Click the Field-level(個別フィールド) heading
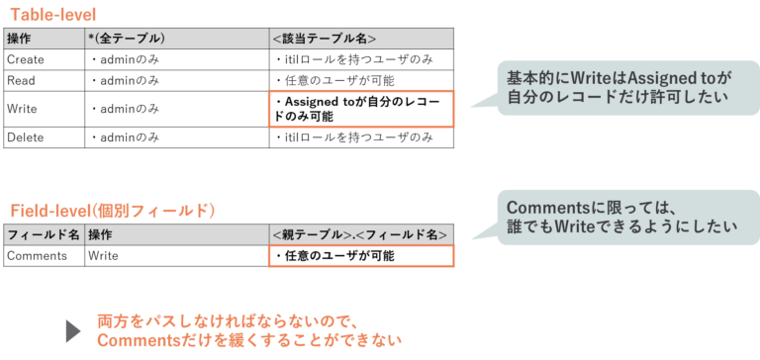113,211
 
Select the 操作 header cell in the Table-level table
19,39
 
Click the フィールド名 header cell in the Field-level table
43,234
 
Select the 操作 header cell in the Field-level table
100,234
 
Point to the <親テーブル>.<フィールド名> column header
360,234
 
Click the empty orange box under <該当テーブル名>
360,109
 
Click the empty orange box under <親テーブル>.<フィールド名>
360,256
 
